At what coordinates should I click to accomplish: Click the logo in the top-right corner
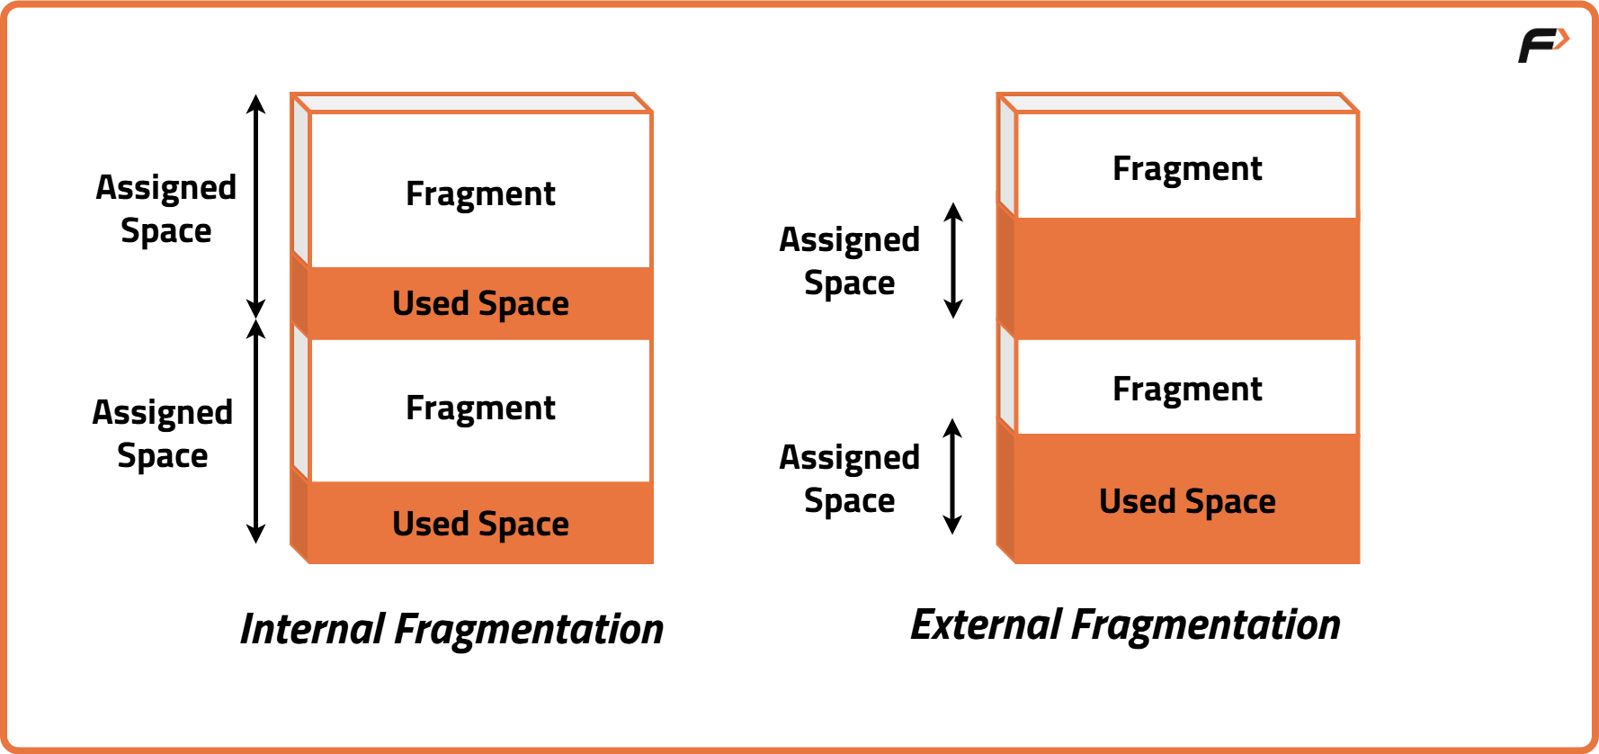[1542, 45]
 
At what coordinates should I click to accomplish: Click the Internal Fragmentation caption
[451, 629]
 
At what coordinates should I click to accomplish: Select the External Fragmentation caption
[1125, 624]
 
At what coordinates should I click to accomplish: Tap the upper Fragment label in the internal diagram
[480, 194]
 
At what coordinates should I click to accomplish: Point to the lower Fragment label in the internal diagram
[480, 408]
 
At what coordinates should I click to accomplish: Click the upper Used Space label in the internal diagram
[480, 304]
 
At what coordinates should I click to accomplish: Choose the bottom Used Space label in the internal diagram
[480, 524]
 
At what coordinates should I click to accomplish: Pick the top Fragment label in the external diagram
[1187, 169]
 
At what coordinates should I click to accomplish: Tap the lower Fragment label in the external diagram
[1187, 390]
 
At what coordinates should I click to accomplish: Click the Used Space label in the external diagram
[1187, 501]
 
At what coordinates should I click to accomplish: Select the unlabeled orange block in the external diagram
[1187, 278]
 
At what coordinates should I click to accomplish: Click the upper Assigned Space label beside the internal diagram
[166, 209]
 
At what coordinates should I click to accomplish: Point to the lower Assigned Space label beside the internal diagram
[163, 434]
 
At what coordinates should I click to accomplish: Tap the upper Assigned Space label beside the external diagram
[850, 261]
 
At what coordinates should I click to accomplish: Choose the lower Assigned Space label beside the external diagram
[850, 479]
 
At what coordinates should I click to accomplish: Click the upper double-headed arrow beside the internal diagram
[256, 206]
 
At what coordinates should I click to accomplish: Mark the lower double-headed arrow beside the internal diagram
[256, 431]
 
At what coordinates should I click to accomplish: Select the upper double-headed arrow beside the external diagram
[953, 261]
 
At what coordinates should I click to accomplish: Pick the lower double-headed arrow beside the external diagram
[952, 477]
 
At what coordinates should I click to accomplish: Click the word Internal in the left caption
[312, 629]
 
